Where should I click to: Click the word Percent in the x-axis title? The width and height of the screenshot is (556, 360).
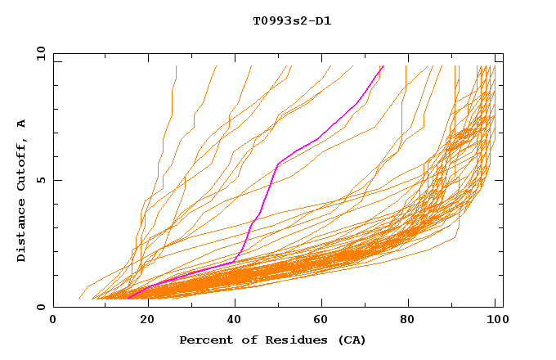tap(203, 340)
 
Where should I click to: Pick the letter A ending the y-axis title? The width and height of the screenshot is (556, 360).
tap(22, 124)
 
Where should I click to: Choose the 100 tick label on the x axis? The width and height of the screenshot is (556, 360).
tap(495, 320)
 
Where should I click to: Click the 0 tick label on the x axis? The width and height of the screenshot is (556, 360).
tap(54, 320)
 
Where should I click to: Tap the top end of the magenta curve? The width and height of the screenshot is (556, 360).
tap(382, 66)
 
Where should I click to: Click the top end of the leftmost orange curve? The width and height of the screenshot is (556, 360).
tap(176, 66)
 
